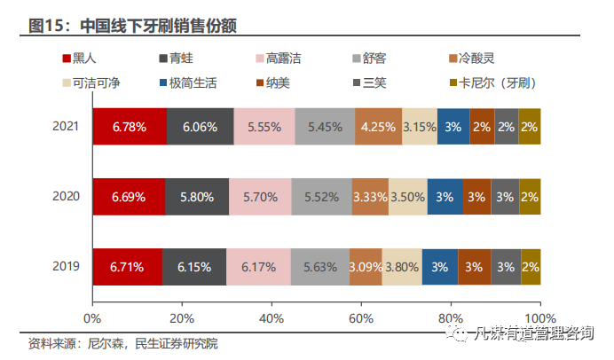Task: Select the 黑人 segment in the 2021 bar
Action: (x=129, y=127)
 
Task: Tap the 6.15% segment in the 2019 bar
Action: (x=194, y=266)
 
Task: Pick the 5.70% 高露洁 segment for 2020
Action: (x=261, y=196)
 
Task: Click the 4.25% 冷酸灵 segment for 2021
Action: (x=378, y=127)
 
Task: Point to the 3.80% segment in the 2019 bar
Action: (x=402, y=266)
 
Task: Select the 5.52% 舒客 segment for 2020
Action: (x=321, y=196)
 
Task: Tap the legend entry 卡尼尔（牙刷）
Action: (x=497, y=82)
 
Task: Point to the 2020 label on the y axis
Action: (x=66, y=196)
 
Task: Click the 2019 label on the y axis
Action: (x=66, y=266)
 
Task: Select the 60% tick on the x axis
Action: (x=360, y=317)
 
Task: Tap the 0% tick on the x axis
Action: (x=91, y=317)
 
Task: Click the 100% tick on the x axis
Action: (x=539, y=317)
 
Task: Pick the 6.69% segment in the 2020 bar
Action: (x=128, y=196)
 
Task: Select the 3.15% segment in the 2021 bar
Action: (x=419, y=127)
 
